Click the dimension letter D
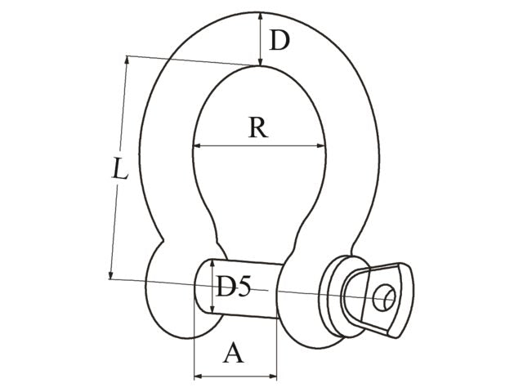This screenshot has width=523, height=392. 279,40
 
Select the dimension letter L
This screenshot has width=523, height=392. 119,171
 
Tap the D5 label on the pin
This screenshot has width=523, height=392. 232,287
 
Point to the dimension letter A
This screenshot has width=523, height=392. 235,353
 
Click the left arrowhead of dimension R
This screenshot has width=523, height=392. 197,146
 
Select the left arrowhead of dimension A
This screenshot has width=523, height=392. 198,377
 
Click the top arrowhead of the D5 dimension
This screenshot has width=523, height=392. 214,263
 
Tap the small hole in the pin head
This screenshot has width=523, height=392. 382,298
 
